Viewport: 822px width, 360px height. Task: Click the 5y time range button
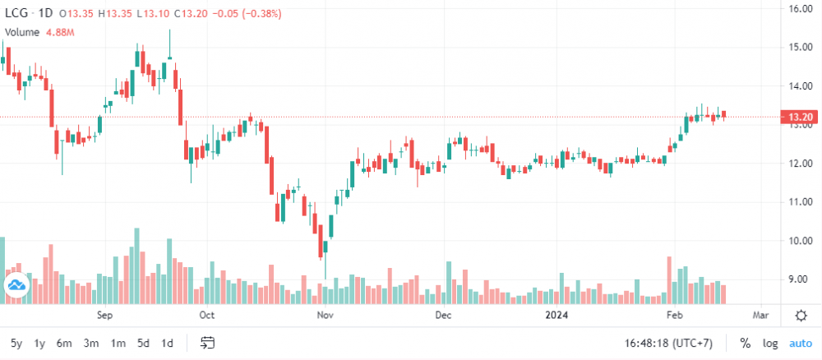(x=16, y=343)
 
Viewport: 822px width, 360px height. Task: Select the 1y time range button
(x=39, y=343)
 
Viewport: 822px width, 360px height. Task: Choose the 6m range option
(x=64, y=343)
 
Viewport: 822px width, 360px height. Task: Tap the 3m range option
(x=91, y=343)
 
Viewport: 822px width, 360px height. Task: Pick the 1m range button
(x=118, y=343)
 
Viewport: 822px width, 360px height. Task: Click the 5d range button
(x=143, y=343)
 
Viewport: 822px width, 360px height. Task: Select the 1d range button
(x=167, y=343)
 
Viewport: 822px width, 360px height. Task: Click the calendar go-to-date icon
(x=207, y=343)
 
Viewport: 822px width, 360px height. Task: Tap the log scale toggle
(x=770, y=343)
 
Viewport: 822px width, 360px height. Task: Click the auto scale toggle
(x=800, y=343)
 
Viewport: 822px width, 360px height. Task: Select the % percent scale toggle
(x=745, y=343)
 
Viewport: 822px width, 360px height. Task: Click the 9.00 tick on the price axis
(x=798, y=279)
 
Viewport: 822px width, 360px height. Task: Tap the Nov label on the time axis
(x=325, y=315)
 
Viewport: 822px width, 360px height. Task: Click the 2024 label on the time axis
(x=556, y=315)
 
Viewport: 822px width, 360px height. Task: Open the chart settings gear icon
(x=801, y=315)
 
